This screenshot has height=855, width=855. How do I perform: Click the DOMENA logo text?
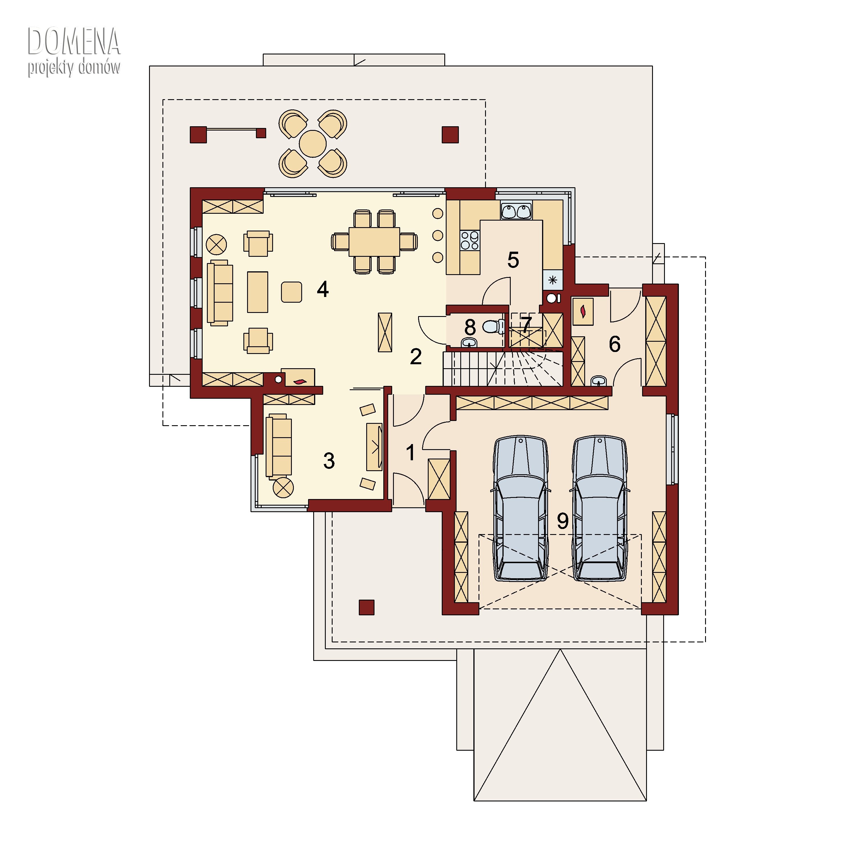point(74,42)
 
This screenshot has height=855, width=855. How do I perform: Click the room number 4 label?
point(323,290)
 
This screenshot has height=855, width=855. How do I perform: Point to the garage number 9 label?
point(563,521)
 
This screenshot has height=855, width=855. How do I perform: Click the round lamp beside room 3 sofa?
point(283,488)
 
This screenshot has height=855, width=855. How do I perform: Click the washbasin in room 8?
point(469,343)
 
